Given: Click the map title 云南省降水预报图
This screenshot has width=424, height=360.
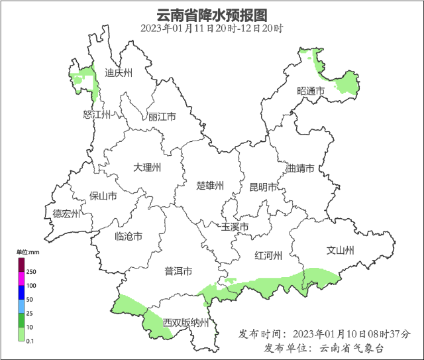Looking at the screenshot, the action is tap(211, 14).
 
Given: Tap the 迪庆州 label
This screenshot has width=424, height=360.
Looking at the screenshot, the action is tap(119, 73).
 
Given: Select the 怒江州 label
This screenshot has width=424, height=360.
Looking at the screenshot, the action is tap(96, 115).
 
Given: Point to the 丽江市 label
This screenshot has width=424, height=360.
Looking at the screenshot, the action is tap(162, 117).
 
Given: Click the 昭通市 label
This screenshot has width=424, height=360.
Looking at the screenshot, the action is tap(311, 90).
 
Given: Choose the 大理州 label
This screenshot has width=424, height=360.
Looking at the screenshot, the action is tap(147, 168).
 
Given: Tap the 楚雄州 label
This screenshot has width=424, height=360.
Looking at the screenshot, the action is tap(211, 185).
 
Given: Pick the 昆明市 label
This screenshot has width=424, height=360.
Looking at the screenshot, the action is tap(262, 188).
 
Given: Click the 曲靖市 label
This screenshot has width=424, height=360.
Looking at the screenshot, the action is tap(300, 168).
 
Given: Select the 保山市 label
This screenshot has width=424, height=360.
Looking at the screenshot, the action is tap(103, 196).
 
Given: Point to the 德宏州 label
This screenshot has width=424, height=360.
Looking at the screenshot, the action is tap(66, 213).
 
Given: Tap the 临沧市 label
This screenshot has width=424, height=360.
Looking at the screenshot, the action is tap(129, 237).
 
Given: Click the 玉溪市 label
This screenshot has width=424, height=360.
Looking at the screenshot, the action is tap(235, 227).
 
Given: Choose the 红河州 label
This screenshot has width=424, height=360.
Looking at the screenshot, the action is tap(268, 256).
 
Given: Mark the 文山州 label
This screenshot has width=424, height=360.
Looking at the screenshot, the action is tap(341, 250).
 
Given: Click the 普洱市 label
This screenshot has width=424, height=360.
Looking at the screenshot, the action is tap(178, 271).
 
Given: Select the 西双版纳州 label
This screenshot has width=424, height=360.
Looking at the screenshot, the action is tap(186, 323).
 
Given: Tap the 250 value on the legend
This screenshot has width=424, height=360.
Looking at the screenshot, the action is tap(31, 272).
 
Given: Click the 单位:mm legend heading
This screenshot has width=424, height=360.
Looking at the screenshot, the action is tap(28, 252).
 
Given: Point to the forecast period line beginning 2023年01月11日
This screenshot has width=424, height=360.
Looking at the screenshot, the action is tap(211, 29).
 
